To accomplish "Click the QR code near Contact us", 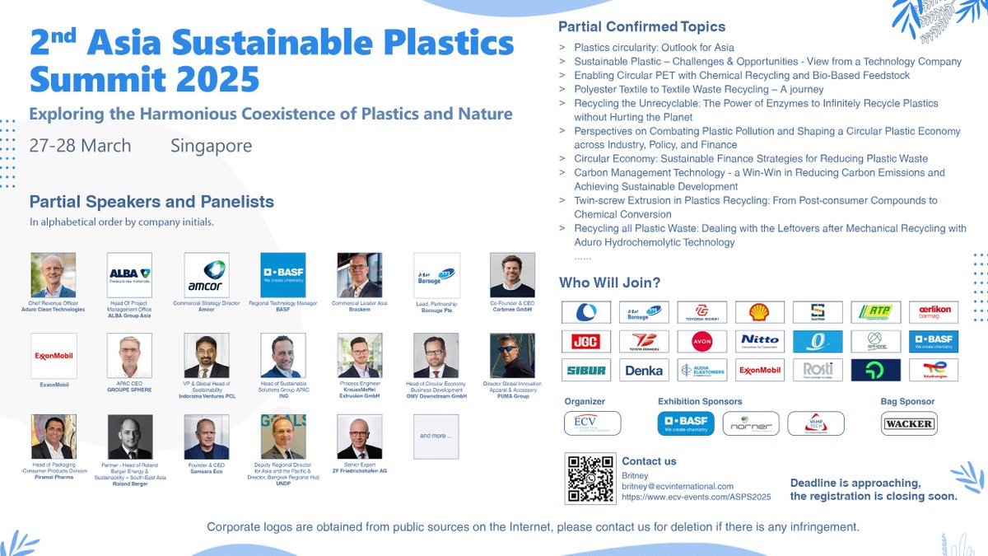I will (x=590, y=479).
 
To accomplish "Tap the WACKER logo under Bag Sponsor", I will (x=909, y=423).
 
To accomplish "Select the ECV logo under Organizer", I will (x=592, y=423).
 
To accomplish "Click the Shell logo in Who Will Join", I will (x=759, y=312).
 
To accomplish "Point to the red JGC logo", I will (x=585, y=341).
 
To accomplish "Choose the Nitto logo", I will (x=759, y=341).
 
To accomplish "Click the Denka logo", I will (x=644, y=370).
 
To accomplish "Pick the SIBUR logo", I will (x=585, y=370).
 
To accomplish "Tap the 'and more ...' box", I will (x=436, y=436).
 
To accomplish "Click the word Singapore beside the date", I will (x=211, y=146).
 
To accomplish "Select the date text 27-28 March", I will (x=80, y=146).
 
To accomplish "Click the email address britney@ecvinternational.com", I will (x=677, y=486).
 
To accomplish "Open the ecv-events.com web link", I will (x=696, y=497).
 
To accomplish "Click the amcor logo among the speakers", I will (x=207, y=275).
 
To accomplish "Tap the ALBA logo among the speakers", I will (x=129, y=275).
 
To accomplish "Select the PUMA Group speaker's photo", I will (x=512, y=356).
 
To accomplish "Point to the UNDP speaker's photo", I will (x=283, y=437).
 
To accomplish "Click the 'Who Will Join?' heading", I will (x=609, y=283).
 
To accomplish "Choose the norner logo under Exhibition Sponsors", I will (x=751, y=423).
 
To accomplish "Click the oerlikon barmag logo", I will (x=933, y=312).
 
